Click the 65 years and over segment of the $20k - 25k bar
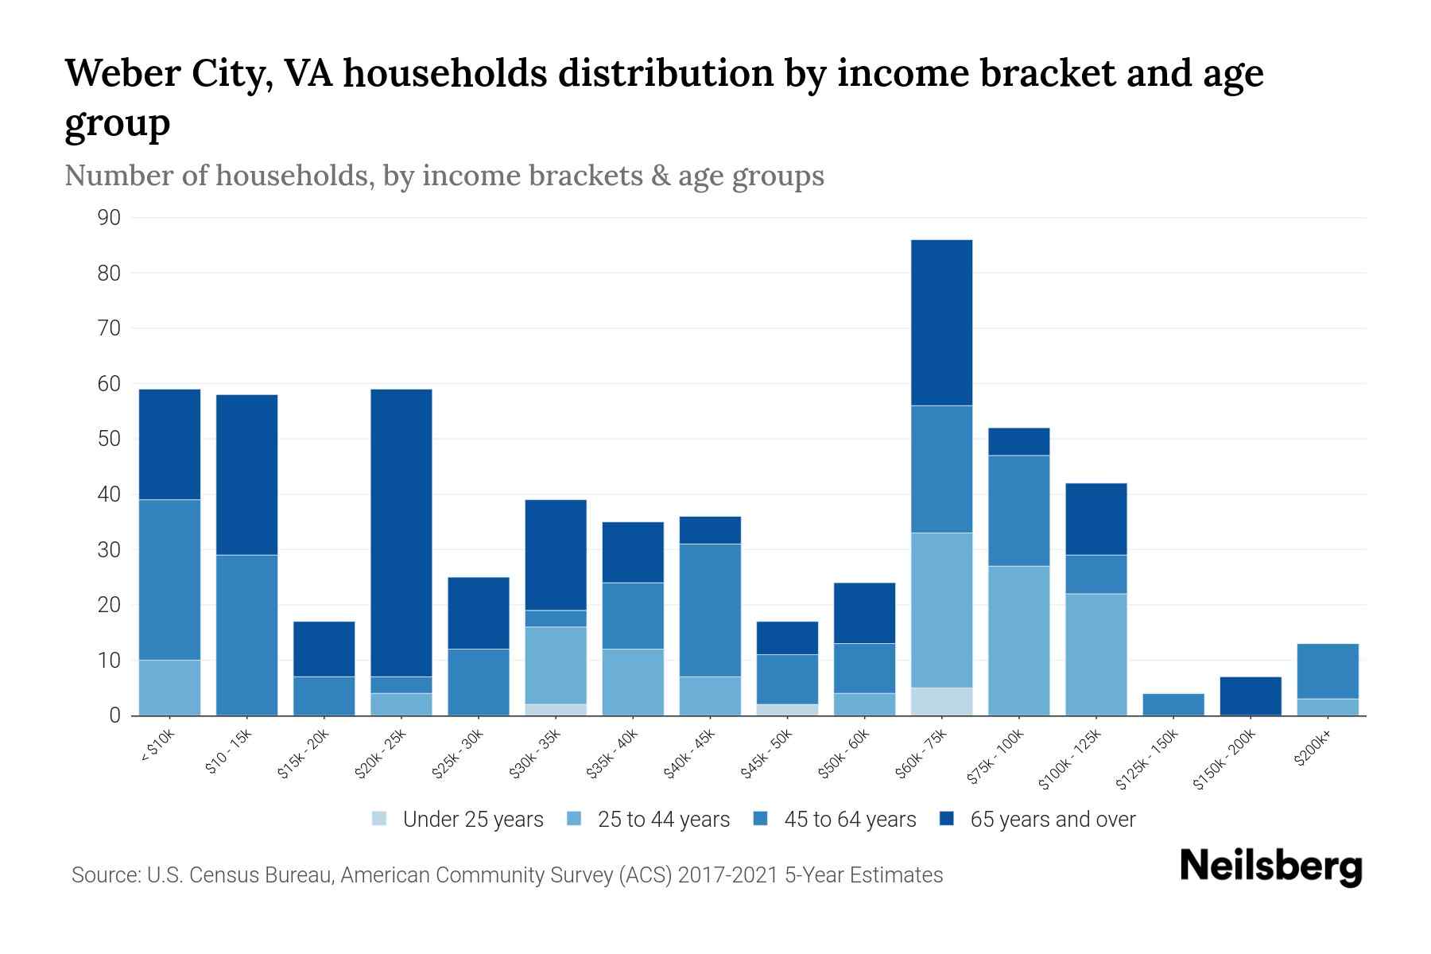pos(401,533)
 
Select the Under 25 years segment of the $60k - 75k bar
pos(942,701)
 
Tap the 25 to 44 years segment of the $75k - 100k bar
pos(1019,641)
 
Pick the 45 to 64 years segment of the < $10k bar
pos(170,580)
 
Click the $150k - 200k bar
pos(1251,696)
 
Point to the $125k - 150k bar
pos(1173,704)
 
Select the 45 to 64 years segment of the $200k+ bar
pos(1328,671)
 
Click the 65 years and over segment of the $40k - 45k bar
pos(710,530)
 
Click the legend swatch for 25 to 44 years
pos(575,819)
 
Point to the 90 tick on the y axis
pos(109,218)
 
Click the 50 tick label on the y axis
pos(109,439)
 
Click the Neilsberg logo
pos(1270,867)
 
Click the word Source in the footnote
pos(104,875)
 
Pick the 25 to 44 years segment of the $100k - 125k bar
pos(1096,654)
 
